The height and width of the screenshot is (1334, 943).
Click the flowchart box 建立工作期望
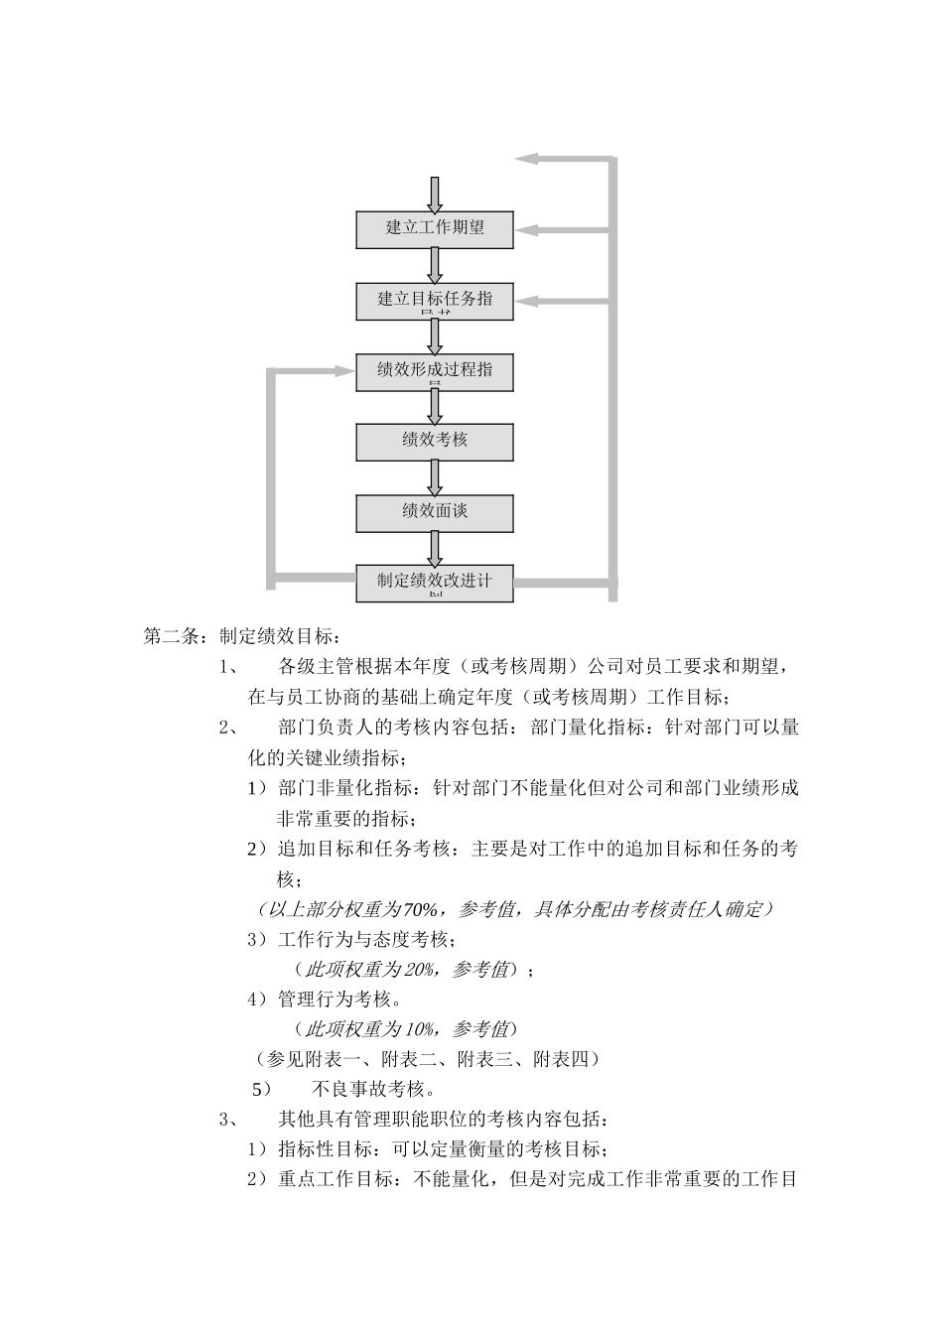[x=435, y=228]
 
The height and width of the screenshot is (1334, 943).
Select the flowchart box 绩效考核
[x=435, y=441]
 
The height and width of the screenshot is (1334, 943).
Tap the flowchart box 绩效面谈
[x=435, y=512]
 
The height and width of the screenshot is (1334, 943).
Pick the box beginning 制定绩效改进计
[x=435, y=583]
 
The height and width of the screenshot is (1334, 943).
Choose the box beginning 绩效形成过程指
[x=435, y=370]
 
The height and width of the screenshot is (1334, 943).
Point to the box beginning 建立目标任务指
[x=435, y=300]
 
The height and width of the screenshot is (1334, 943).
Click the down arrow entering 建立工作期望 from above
[x=435, y=195]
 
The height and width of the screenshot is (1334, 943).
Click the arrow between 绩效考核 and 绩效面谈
[x=435, y=477]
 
